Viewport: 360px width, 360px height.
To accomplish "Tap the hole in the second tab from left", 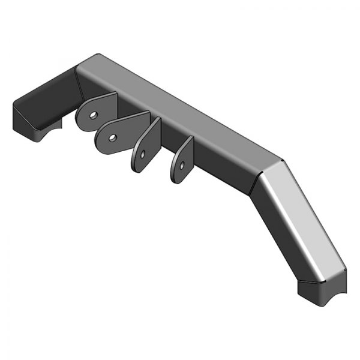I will [x=112, y=137].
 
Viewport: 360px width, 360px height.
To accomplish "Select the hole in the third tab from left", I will [x=143, y=154].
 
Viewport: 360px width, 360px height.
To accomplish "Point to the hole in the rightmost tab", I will [x=176, y=163].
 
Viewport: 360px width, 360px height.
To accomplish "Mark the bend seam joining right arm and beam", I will [x=264, y=174].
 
